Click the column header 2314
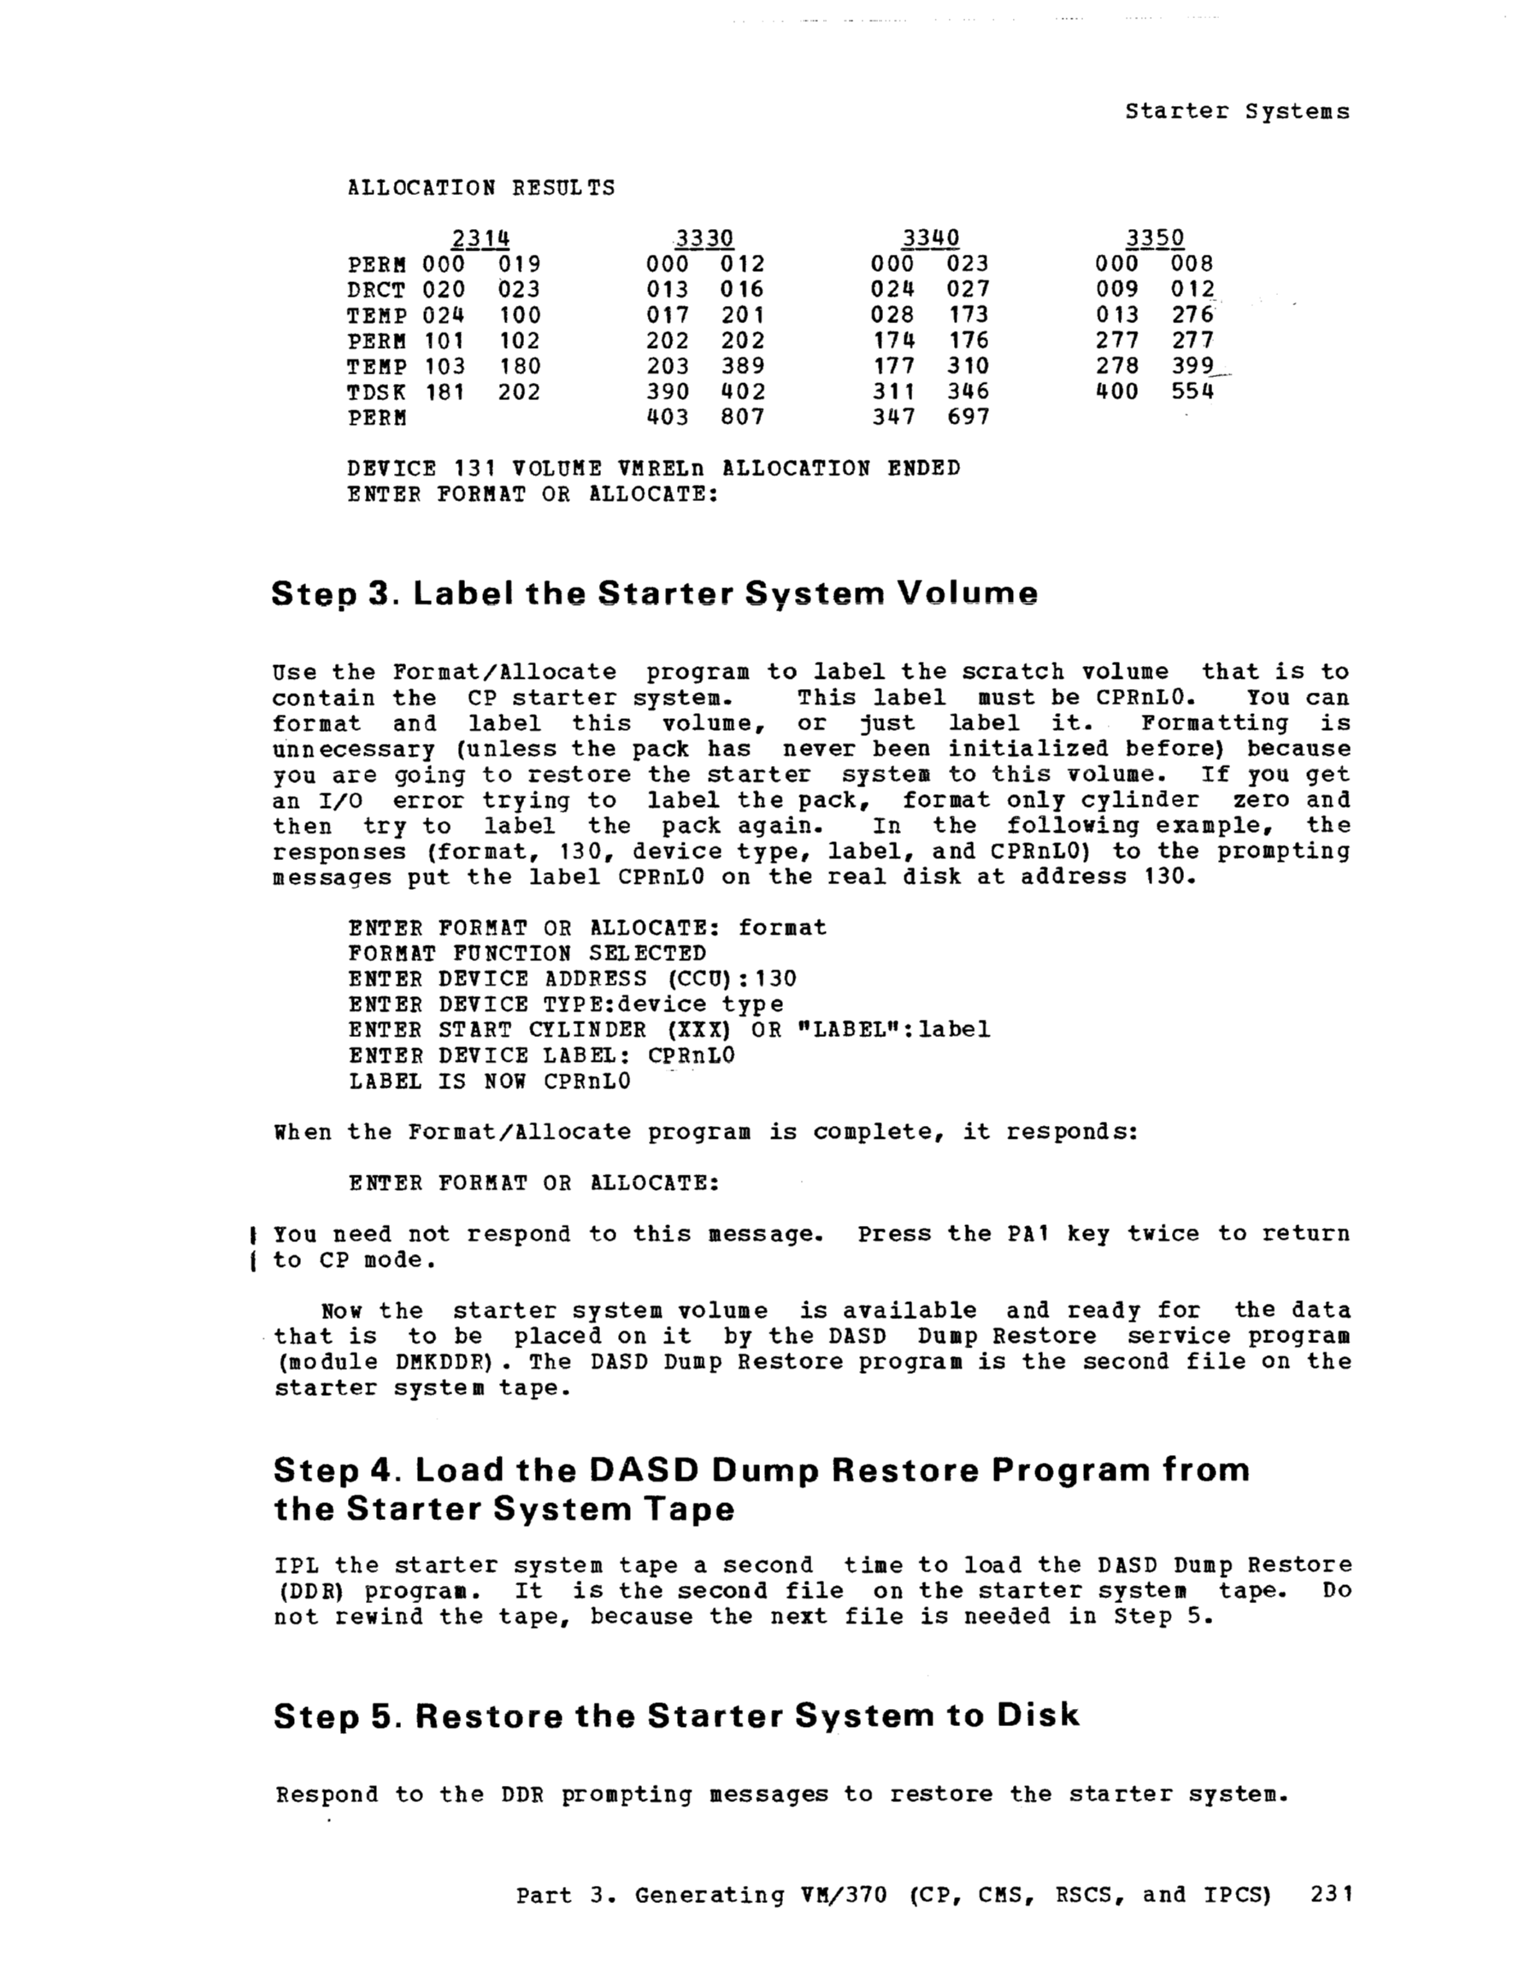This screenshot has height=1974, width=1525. click(481, 238)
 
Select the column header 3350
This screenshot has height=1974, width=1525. click(1154, 238)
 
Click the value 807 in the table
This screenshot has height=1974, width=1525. click(742, 417)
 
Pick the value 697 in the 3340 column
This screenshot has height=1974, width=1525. click(969, 417)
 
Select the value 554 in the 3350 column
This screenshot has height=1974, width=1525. click(1192, 392)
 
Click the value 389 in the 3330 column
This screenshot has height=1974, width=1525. click(742, 366)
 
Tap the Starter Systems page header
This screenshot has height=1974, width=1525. click(1237, 112)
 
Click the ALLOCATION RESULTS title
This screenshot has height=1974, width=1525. click(481, 188)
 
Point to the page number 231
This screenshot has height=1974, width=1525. click(1331, 1894)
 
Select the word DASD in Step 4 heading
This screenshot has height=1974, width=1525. click(644, 1470)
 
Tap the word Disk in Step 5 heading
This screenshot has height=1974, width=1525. click(1038, 1717)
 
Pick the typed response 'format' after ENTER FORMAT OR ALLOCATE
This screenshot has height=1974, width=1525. click(782, 928)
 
